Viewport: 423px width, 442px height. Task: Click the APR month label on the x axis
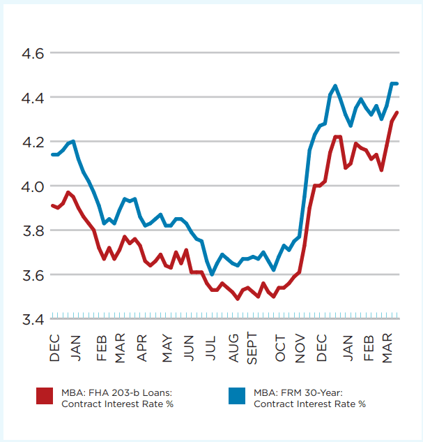coord(143,347)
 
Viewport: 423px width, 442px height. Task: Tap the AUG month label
coord(233,347)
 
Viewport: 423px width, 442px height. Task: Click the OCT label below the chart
coord(279,347)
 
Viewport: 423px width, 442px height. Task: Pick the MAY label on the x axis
coord(167,347)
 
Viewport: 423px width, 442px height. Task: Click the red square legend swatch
coord(45,396)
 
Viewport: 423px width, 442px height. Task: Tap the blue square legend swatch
coord(238,396)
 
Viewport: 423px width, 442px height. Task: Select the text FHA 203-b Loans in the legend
coord(122,391)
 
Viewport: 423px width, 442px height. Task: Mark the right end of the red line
coord(397,112)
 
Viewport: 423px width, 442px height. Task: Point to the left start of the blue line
coord(52,154)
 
